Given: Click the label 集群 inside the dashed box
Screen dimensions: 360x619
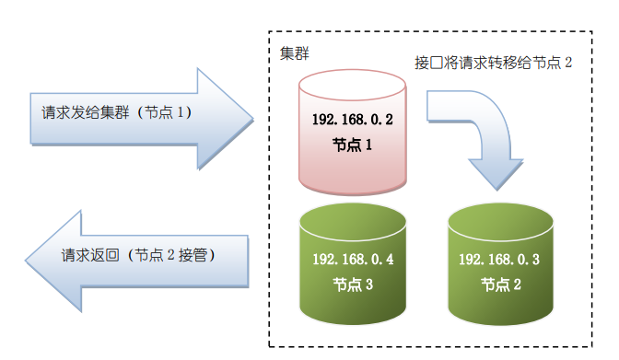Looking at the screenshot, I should (295, 53).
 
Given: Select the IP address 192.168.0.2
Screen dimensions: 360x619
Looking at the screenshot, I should (354, 120).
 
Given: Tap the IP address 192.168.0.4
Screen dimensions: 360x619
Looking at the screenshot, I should (354, 260).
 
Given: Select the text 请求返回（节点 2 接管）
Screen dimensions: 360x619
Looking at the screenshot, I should (138, 255).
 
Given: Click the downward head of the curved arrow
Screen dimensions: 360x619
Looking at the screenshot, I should (496, 186).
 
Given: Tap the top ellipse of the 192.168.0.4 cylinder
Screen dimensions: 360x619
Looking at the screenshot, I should (354, 222).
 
